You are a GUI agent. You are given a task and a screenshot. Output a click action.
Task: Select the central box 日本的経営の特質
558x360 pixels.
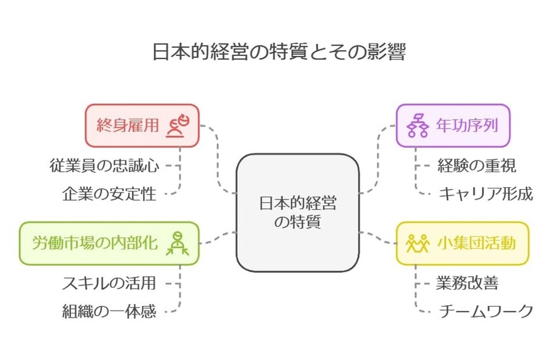[297, 212]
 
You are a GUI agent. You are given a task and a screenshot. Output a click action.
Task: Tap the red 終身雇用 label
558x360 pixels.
[127, 125]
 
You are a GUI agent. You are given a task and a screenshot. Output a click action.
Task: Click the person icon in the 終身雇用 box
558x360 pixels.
[177, 125]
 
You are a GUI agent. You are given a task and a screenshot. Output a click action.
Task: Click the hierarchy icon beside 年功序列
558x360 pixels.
[417, 125]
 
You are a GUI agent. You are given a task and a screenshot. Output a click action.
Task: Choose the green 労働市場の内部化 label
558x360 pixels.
[95, 243]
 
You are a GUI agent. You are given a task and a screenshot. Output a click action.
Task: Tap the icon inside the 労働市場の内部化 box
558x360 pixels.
[177, 243]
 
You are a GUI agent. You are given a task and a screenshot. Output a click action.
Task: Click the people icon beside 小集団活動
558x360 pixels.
[418, 243]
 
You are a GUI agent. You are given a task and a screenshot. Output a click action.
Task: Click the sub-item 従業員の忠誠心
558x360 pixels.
[104, 165]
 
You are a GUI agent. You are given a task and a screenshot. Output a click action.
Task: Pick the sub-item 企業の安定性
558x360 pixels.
[110, 194]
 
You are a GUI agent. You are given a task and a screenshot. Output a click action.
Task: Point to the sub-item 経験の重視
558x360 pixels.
[477, 165]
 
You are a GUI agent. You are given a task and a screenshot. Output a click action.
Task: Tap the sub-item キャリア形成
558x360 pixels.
[485, 194]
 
